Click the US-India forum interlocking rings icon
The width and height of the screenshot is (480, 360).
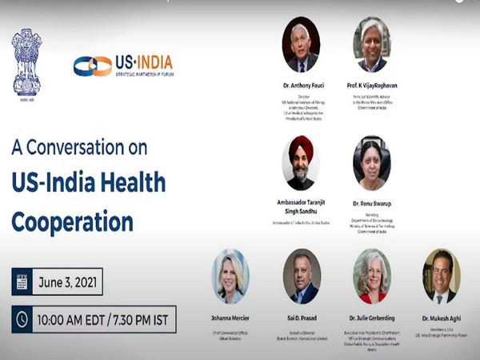point(92,66)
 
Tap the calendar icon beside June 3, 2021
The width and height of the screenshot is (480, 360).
point(22,282)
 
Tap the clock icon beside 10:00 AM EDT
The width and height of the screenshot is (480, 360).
point(22,318)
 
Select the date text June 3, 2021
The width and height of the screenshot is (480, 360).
point(69,282)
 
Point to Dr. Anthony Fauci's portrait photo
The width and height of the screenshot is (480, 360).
point(301,45)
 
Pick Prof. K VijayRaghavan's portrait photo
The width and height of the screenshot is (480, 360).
point(372,45)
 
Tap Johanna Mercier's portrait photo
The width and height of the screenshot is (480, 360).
point(230,276)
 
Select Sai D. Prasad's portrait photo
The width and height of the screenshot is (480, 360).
point(302,276)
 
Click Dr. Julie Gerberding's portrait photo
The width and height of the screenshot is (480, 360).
point(372,276)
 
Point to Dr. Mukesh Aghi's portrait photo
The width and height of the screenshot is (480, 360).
point(441,276)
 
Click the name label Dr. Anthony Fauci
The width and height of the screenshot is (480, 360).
point(301,84)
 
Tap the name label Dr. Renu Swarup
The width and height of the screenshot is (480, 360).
point(372,204)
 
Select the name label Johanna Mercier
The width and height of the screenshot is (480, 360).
point(230,316)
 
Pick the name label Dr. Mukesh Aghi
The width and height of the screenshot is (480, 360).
point(441,318)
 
